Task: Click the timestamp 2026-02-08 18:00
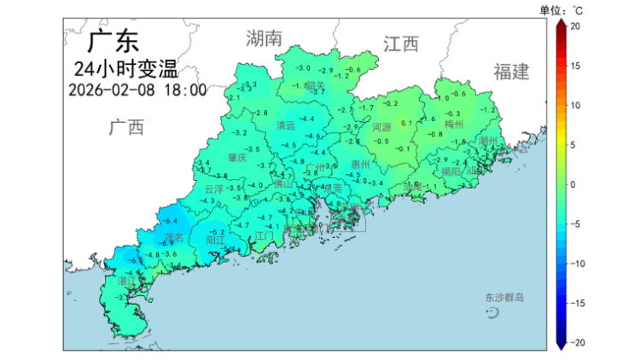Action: (x=137, y=90)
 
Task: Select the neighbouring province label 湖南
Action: (x=264, y=38)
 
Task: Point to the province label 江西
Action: (x=401, y=44)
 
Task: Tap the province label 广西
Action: (x=126, y=128)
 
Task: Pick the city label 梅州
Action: (x=453, y=125)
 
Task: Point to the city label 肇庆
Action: (x=237, y=158)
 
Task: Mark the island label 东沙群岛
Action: (x=503, y=298)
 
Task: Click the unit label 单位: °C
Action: (x=561, y=10)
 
